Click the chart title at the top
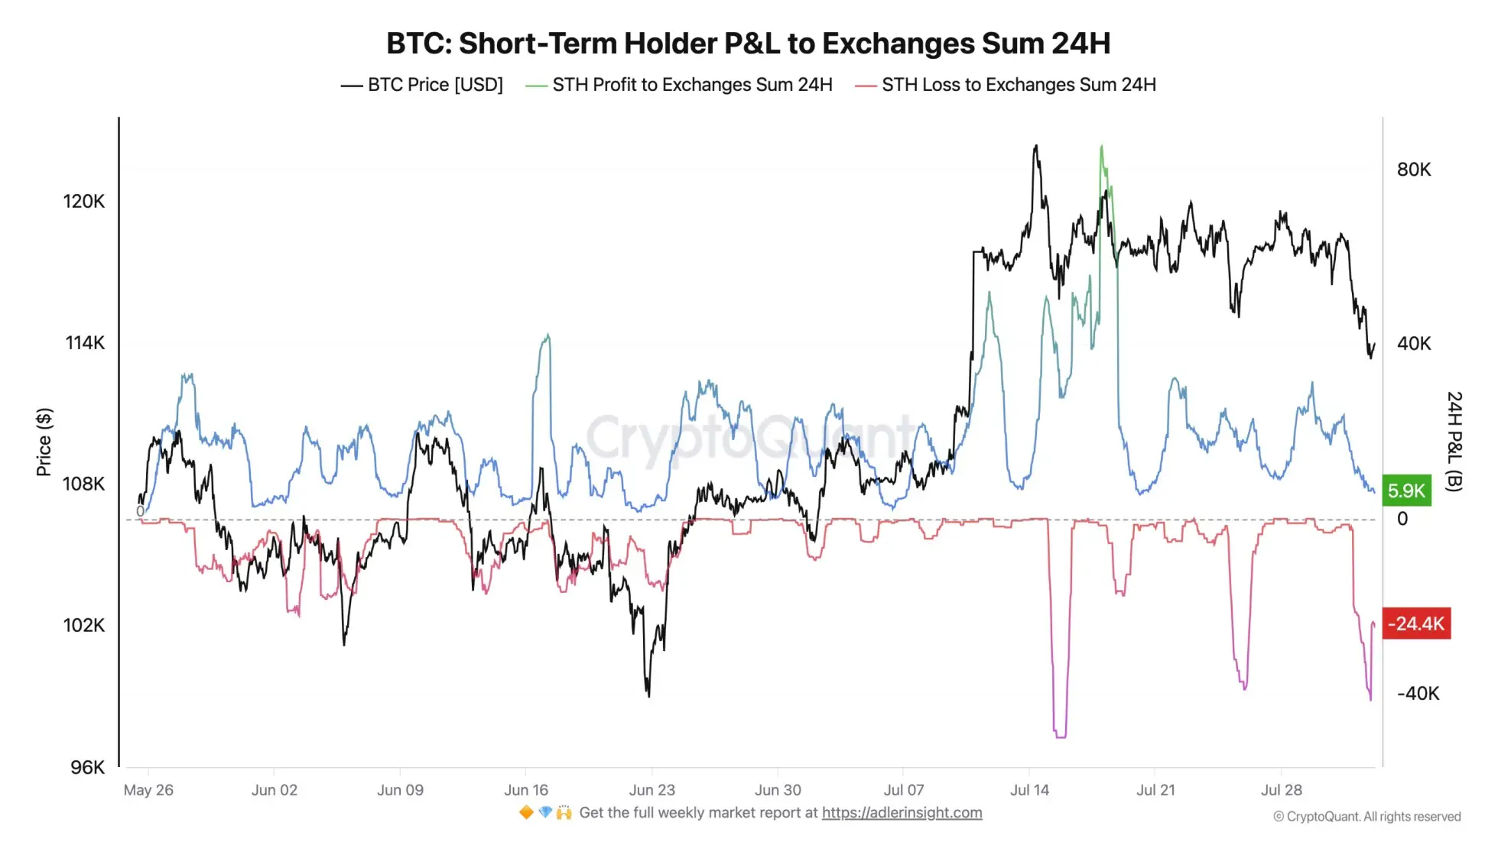[x=748, y=44]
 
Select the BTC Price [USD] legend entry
[x=422, y=85]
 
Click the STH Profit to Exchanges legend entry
[x=679, y=85]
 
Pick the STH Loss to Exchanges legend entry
[x=1006, y=85]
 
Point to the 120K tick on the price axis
[x=83, y=202]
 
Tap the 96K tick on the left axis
[x=87, y=767]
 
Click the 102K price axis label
[x=83, y=626]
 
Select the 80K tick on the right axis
[x=1413, y=170]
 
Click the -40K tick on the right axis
[x=1418, y=694]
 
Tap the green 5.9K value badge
[x=1406, y=491]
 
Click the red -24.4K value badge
[x=1416, y=623]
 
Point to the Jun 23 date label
[x=652, y=790]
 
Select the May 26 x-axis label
[x=148, y=790]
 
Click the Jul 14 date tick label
[x=1029, y=790]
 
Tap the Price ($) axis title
[x=44, y=442]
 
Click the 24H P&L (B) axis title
[x=1454, y=442]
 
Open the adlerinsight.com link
[x=902, y=813]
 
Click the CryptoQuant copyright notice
[x=1366, y=817]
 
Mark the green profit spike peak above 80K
[x=1102, y=147]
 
